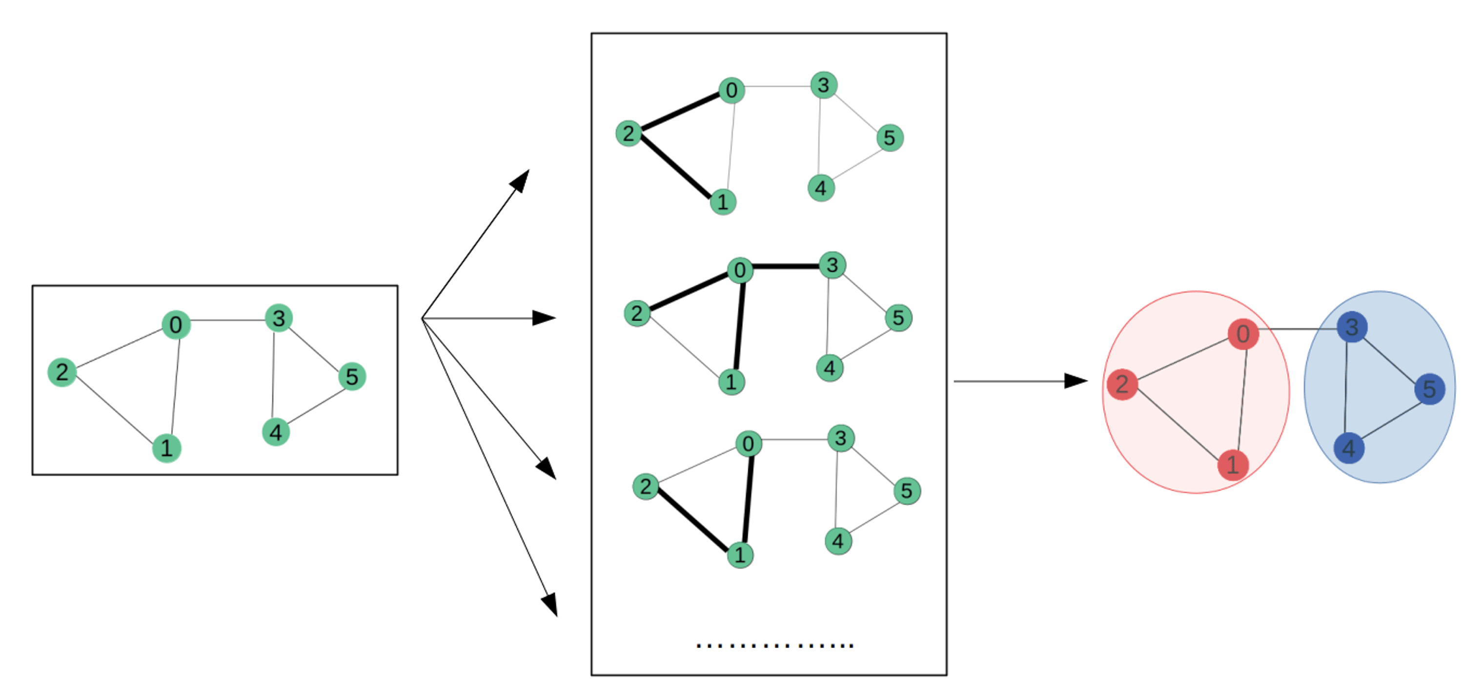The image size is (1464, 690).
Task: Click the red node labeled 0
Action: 1242,334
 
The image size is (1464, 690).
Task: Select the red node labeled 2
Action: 1122,384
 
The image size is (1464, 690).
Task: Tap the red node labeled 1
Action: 1232,465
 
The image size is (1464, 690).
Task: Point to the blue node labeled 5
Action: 1429,389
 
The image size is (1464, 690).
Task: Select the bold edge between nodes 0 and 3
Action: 786,266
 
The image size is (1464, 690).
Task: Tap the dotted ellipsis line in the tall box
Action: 774,645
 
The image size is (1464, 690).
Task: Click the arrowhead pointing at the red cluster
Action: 1075,381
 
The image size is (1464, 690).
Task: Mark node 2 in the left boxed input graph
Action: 62,372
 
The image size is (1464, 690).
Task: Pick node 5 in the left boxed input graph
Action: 352,376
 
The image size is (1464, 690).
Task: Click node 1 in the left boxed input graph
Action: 166,448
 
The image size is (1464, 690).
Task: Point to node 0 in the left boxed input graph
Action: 176,325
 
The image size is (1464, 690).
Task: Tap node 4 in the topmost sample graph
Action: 821,188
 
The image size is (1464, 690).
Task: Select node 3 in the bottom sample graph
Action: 840,438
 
